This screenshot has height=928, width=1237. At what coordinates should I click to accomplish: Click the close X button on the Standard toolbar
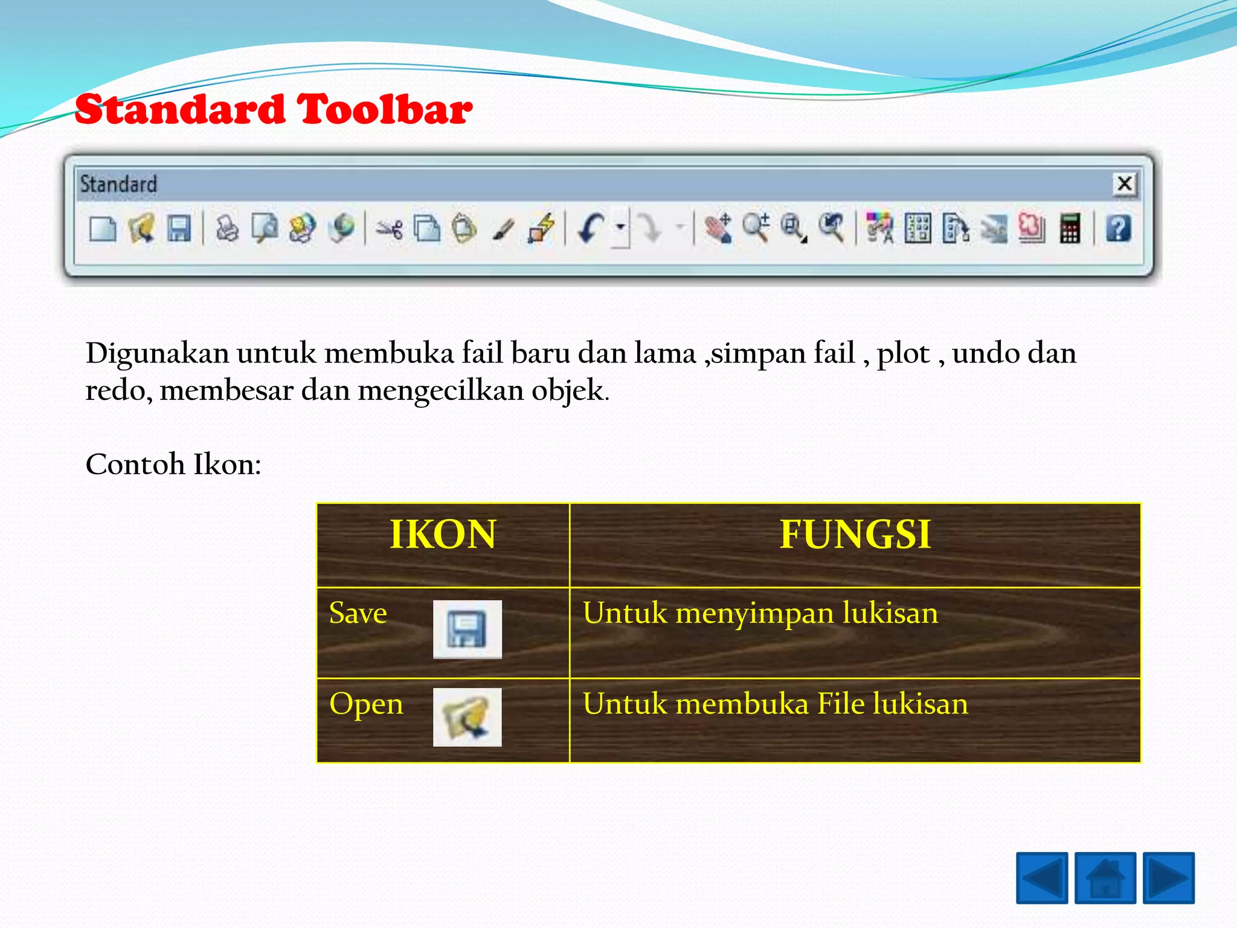(1124, 184)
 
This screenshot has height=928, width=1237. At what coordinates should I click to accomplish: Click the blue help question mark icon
(1118, 229)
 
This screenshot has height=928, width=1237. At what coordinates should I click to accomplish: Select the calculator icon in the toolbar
(1070, 229)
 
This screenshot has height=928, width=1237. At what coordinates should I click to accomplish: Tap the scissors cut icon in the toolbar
(390, 230)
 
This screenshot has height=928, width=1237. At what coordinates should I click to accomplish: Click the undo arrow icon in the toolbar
(590, 229)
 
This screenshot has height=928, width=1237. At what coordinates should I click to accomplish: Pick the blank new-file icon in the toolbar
(102, 230)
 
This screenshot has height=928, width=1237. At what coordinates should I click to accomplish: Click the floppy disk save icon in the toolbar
(179, 229)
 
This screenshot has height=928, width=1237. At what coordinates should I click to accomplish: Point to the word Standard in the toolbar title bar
(118, 184)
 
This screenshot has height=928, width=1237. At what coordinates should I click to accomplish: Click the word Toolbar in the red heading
(384, 110)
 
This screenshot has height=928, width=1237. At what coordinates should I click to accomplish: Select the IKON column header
(443, 535)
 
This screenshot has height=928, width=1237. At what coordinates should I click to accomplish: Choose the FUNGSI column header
(855, 535)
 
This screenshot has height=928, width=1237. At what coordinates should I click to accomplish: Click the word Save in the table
(358, 613)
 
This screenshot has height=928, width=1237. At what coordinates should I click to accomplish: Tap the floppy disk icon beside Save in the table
(467, 629)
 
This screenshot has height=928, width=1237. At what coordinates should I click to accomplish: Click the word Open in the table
(366, 704)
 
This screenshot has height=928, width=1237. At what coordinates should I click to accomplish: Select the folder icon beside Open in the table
(467, 717)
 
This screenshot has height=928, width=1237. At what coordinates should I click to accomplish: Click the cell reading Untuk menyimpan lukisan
(760, 613)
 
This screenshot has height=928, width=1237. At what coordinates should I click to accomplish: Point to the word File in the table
(840, 704)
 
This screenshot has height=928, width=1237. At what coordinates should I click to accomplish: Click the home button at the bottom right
(1105, 878)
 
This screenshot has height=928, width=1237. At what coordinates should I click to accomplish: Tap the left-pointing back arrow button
(1042, 878)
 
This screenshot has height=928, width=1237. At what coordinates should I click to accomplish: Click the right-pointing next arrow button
(1168, 878)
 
